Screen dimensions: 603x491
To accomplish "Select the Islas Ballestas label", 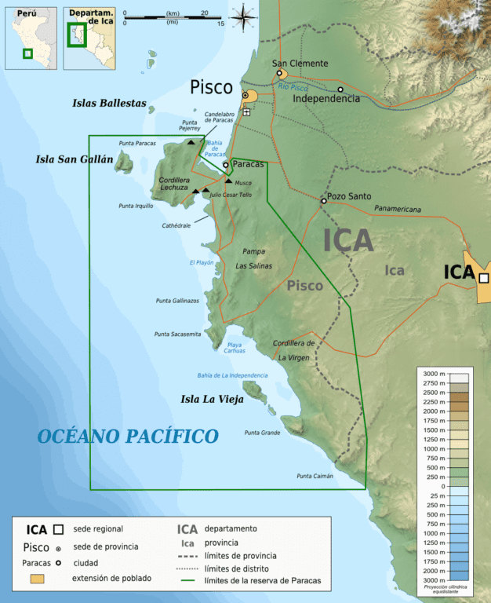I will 109,103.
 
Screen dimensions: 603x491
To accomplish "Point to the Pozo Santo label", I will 350,196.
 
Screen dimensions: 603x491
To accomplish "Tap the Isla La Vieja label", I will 212,399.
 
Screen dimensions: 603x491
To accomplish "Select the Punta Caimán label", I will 315,476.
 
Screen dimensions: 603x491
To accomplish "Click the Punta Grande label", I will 262,433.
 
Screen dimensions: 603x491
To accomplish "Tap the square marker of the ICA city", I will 484,278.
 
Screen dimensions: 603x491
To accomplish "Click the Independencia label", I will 326,99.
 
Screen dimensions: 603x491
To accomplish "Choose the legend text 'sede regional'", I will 97,529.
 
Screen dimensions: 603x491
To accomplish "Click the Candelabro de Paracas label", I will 220,118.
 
